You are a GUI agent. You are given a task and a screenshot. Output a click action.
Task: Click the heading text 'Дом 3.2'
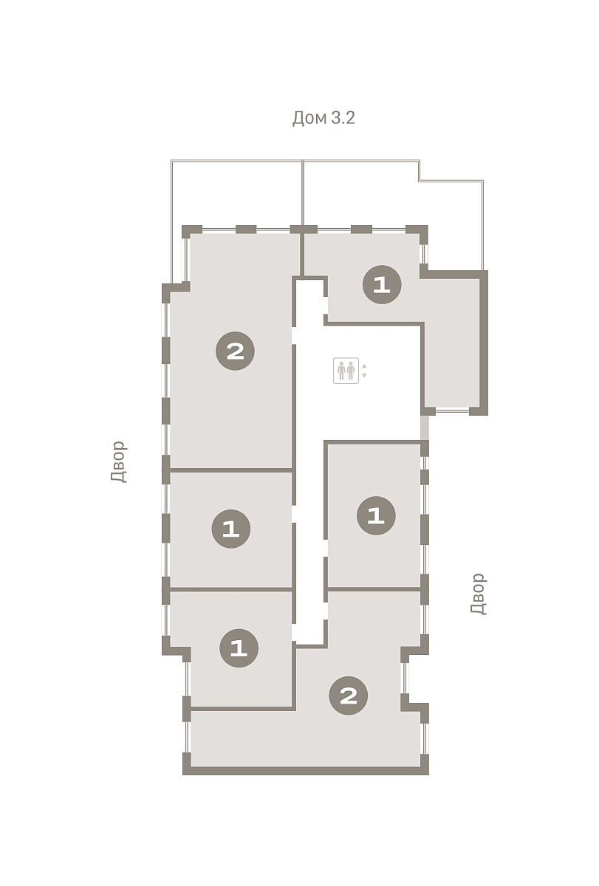pos(324,118)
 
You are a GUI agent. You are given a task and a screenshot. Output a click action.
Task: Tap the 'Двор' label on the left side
pos(118,462)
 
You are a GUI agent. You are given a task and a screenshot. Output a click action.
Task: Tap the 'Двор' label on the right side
pos(478,594)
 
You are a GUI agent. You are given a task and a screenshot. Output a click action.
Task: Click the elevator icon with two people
pos(346,371)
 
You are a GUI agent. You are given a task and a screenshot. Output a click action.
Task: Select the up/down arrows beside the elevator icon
pos(364,371)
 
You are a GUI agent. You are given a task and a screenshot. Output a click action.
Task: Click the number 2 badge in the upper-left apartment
pos(235,351)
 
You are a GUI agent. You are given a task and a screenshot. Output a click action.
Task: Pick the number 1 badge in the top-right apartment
pos(382,285)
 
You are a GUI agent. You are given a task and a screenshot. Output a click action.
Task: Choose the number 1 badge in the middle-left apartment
pos(231,529)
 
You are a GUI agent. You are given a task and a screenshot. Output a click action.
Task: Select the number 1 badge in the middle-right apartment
pos(376,515)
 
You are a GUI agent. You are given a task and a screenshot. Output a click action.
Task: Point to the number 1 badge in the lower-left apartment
pos(239,648)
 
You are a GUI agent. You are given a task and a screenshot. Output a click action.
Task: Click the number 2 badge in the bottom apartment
pos(348,696)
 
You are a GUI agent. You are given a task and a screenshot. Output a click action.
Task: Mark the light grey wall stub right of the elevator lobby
pos(424,427)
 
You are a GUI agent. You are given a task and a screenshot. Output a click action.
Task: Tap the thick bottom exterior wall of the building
pos(306,771)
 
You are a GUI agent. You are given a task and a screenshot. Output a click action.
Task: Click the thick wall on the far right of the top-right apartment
pos(484,343)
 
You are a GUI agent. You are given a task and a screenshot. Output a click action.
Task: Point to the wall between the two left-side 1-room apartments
pos(231,589)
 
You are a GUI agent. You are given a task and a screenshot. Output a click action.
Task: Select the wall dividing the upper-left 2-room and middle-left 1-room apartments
pos(231,470)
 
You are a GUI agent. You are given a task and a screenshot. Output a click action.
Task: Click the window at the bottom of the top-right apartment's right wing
pos(452,411)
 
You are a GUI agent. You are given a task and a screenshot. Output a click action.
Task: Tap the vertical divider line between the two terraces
pos(303,193)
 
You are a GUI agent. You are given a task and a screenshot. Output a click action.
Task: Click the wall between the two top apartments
pos(302,254)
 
